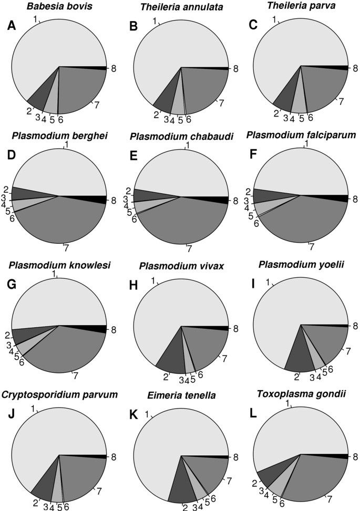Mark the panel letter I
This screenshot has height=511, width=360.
251,286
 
